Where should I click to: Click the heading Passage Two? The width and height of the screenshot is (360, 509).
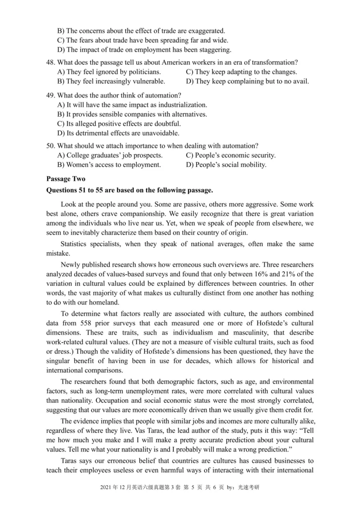[x=66, y=179]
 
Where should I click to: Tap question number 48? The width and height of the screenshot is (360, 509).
[x=51, y=62]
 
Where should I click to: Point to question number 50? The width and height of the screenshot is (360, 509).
[x=51, y=145]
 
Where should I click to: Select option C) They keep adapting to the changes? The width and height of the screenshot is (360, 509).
[x=241, y=71]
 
